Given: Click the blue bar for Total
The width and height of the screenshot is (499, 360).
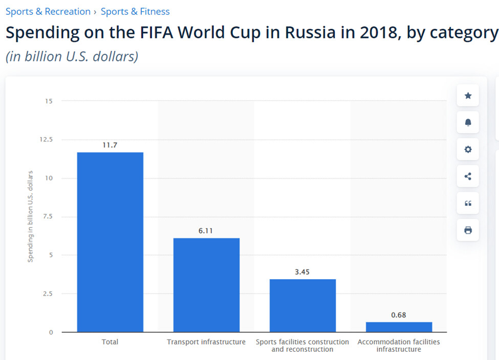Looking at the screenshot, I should point(110,242).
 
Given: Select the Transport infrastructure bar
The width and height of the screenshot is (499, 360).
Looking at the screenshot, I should point(206,285).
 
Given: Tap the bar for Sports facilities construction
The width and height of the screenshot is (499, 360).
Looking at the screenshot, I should point(302,305).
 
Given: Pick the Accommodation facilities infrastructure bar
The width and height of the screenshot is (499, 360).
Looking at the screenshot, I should point(399,327).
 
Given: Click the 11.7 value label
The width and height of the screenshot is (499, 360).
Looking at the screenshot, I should point(110,145).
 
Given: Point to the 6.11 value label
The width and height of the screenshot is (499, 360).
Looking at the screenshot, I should point(206,231).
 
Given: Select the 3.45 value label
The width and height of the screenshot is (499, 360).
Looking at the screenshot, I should point(302,272).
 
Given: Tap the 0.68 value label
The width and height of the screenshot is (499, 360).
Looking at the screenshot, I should point(398,315).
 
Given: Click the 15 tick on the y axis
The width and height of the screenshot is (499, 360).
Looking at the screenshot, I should point(49,101).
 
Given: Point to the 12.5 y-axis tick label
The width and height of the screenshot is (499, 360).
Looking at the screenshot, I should point(47,140).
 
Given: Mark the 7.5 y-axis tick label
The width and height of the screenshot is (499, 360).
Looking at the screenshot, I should point(48,217).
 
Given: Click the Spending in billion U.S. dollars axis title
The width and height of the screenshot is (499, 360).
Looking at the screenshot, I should point(30,217).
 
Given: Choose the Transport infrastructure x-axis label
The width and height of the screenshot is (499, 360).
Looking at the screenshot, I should point(206,342).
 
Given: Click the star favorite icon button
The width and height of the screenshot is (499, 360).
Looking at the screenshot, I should point(468,96).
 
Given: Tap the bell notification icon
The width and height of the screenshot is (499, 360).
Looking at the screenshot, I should point(468,123).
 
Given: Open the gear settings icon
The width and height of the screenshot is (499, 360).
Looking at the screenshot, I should point(468,150).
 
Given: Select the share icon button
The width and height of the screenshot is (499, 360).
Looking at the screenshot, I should point(468,176).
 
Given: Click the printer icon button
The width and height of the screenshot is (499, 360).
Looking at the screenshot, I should point(468,230).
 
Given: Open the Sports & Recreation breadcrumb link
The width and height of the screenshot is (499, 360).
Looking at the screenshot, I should point(48,11).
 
